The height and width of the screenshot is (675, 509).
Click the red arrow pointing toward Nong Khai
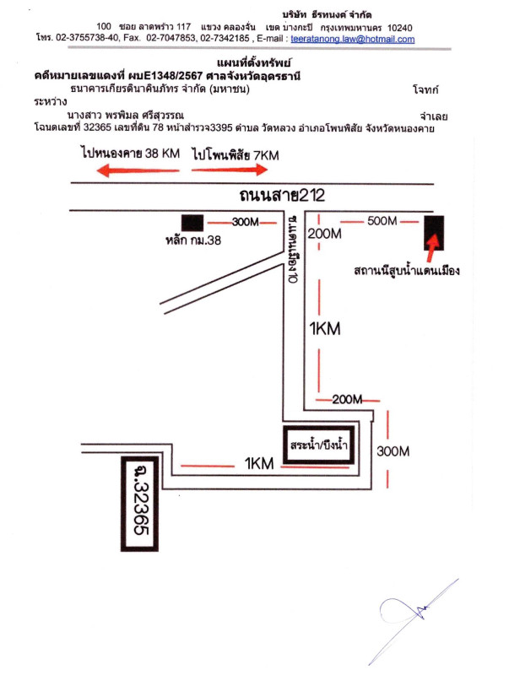[122, 170]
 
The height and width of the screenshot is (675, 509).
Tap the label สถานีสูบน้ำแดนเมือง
[406, 272]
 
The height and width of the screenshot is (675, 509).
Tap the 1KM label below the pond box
[260, 462]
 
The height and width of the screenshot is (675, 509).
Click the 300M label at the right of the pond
[393, 451]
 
